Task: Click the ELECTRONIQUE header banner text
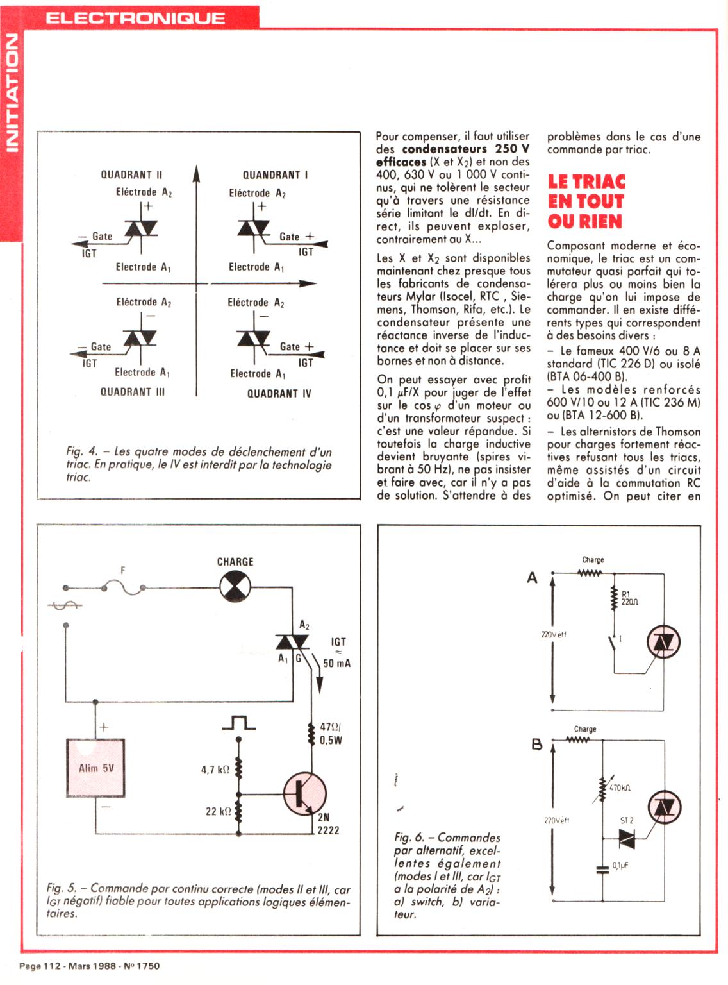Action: pos(135,18)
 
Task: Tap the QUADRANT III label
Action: pos(132,392)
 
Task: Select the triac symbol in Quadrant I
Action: pos(254,228)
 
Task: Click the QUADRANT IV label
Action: pos(279,394)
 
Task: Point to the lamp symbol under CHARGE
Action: pos(235,587)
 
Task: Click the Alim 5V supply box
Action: pos(95,768)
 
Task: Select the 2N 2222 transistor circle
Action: pos(305,794)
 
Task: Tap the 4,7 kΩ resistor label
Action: pos(215,770)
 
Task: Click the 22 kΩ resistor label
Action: pos(219,811)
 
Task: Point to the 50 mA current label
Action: pos(337,663)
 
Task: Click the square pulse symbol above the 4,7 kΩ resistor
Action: pos(238,723)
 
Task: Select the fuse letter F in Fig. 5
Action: pos(123,570)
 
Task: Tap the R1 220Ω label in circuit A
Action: pos(630,598)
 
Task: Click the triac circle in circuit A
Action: pos(664,642)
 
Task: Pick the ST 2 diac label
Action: pos(627,820)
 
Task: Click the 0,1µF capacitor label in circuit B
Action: pos(620,865)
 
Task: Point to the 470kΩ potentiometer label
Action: pos(620,788)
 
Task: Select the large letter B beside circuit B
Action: pos(537,744)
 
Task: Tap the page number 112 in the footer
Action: pos(52,966)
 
